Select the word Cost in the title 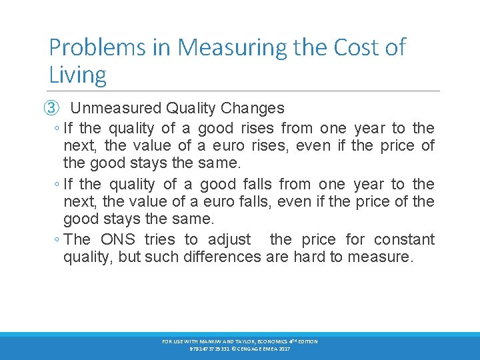tap(346, 47)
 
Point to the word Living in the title tap(77, 74)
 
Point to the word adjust tap(229, 239)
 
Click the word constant tap(404, 239)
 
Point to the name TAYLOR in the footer tap(250, 341)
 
